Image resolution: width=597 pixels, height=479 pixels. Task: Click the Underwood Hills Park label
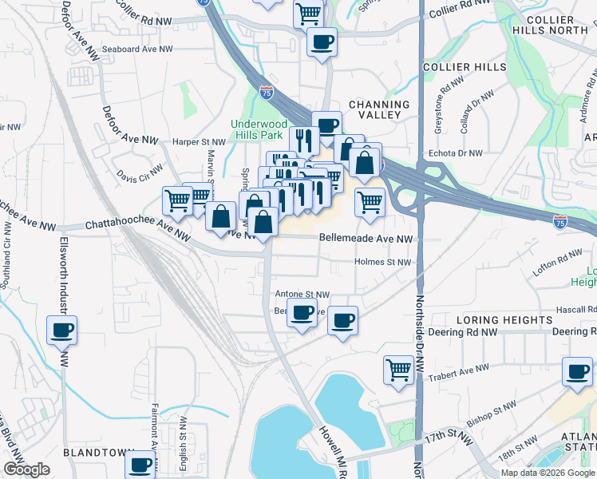259,129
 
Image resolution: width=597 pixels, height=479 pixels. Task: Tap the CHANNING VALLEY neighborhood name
378,110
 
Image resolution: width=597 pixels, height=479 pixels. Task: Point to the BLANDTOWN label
97,452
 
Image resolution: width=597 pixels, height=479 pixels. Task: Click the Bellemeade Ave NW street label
366,239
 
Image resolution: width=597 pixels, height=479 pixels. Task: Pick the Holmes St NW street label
383,262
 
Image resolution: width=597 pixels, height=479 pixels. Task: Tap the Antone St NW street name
302,294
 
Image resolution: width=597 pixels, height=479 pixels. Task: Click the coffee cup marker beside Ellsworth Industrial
61,329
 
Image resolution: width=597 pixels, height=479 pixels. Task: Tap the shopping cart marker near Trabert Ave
398,369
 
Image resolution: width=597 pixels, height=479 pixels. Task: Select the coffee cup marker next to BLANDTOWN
140,463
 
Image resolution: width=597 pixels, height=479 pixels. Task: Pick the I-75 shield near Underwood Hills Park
266,93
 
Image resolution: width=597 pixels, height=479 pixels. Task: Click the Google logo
26,469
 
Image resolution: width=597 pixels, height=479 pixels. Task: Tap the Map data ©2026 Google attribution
548,473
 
